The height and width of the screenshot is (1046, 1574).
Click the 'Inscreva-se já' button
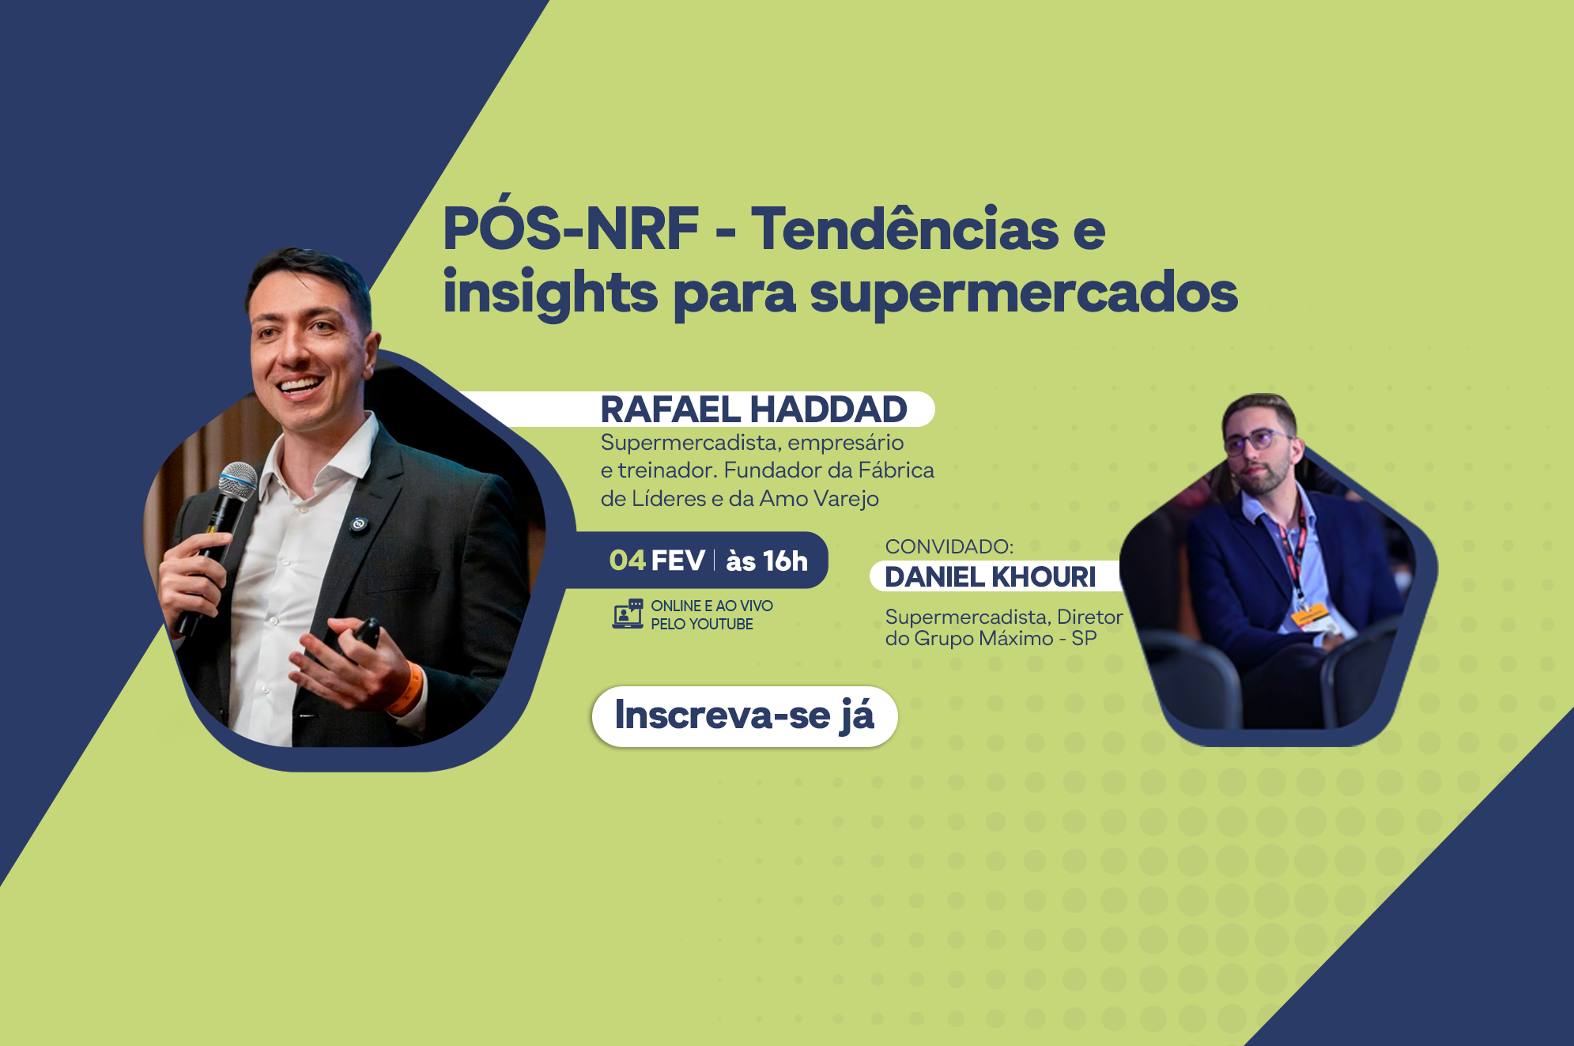click(745, 716)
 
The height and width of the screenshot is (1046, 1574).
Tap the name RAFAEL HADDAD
click(753, 410)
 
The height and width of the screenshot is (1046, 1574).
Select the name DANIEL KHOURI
click(991, 577)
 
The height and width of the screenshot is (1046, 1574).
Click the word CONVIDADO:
click(949, 546)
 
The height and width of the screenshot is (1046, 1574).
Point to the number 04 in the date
click(628, 561)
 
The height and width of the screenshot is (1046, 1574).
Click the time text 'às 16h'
click(767, 561)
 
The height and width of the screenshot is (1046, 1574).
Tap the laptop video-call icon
click(628, 614)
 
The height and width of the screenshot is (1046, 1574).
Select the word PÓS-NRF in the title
click(571, 228)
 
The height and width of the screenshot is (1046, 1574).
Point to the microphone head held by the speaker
click(237, 481)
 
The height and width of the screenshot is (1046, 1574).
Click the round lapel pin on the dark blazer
click(359, 523)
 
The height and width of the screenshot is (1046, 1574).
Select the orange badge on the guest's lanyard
click(1309, 614)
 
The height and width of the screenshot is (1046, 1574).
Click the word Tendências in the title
click(904, 228)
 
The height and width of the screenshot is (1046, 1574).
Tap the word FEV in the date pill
click(678, 561)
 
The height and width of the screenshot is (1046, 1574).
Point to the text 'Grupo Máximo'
click(983, 638)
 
